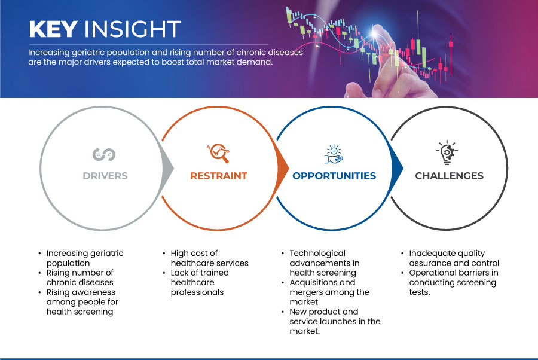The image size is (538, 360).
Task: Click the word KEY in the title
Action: click(x=53, y=29)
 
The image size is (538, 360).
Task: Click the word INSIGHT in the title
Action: click(x=133, y=29)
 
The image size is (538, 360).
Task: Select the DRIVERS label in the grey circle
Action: click(x=105, y=176)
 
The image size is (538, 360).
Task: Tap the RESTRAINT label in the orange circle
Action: click(x=219, y=176)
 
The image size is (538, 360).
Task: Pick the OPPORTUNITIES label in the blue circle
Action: click(x=334, y=176)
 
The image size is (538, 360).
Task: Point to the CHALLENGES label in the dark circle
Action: click(x=449, y=176)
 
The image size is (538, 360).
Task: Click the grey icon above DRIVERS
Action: click(x=104, y=154)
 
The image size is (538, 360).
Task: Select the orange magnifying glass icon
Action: click(x=218, y=153)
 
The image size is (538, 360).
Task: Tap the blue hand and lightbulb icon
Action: click(x=334, y=154)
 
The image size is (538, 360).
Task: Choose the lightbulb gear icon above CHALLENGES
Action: click(x=447, y=152)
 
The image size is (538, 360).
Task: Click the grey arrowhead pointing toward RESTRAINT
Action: click(x=168, y=168)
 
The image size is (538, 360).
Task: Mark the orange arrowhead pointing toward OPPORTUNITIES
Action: click(x=283, y=168)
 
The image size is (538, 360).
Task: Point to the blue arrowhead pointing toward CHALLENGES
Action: click(x=398, y=168)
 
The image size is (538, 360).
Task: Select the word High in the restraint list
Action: click(x=180, y=254)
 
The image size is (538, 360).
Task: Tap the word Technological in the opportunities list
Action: click(x=317, y=254)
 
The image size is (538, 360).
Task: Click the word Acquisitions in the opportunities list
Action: click(x=313, y=283)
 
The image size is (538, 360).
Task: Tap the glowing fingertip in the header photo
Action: click(x=374, y=33)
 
